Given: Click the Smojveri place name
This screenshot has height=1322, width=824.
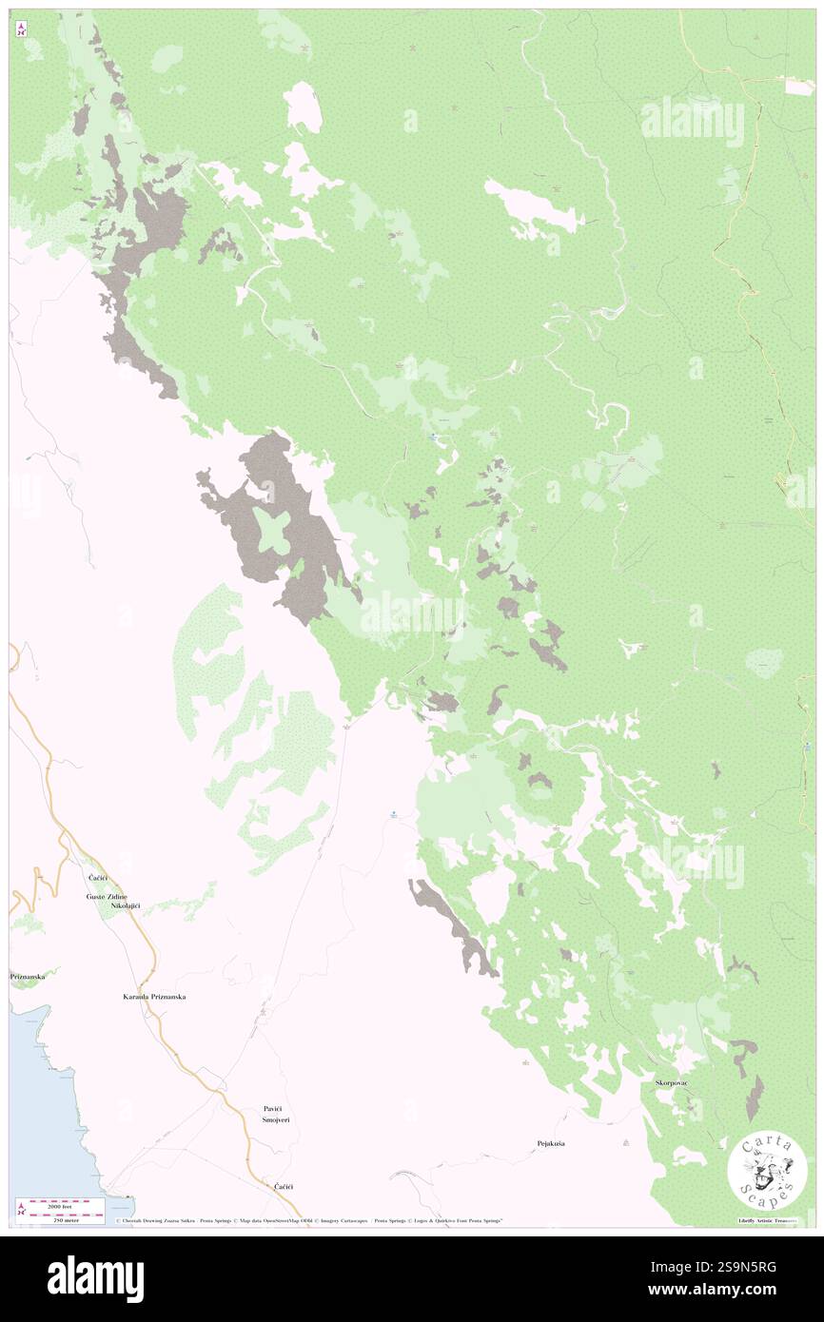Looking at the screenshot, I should pyautogui.click(x=276, y=1120).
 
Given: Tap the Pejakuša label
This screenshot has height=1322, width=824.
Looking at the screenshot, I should pyautogui.click(x=551, y=1143).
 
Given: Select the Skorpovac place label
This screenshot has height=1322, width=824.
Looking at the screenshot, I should pyautogui.click(x=672, y=1083).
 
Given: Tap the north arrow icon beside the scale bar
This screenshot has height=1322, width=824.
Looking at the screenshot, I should pyautogui.click(x=21, y=1210).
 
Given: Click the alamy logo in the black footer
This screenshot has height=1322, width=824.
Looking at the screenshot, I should pyautogui.click(x=95, y=1278).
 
